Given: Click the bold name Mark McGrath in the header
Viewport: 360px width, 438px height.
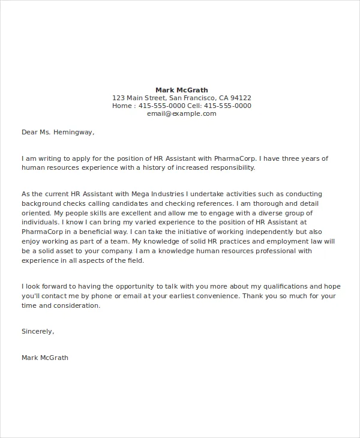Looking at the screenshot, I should point(182,90).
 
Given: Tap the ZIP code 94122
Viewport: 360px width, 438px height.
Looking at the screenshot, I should point(241,98).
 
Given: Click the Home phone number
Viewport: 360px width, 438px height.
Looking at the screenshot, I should point(162,106).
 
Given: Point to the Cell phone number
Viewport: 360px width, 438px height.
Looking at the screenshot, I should point(227,106).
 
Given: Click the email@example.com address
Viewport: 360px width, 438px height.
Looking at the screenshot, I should point(181,113).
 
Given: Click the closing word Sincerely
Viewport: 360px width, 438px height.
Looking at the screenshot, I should point(37,331).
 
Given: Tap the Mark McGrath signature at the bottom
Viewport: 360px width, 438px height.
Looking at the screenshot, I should point(45,358).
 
